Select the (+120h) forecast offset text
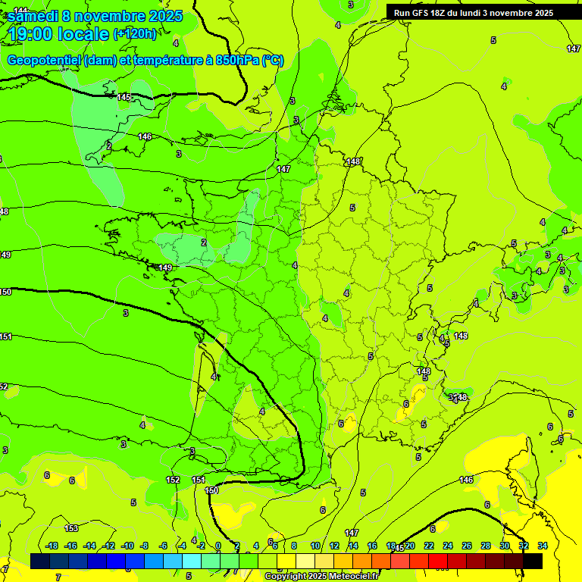[135, 33]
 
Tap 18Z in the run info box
[439, 13]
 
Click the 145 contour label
[124, 98]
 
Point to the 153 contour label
[71, 528]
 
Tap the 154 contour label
[199, 480]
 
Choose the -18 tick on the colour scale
[52, 546]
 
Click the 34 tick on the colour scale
[543, 546]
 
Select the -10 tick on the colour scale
[127, 546]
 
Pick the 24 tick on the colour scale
[448, 546]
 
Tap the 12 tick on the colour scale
[334, 546]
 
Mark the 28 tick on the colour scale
[486, 546]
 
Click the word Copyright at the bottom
[286, 577]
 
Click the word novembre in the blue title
[111, 16]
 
